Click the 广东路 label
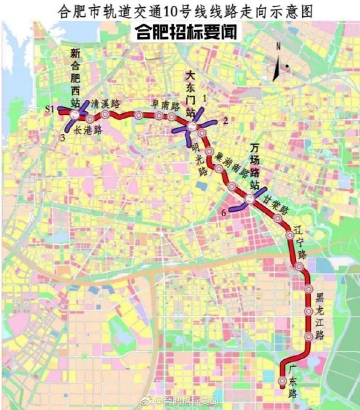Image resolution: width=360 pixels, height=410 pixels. click(x=292, y=382)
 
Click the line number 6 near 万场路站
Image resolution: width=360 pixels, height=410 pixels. click(x=224, y=213)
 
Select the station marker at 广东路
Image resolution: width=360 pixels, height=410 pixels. click(x=282, y=382)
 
